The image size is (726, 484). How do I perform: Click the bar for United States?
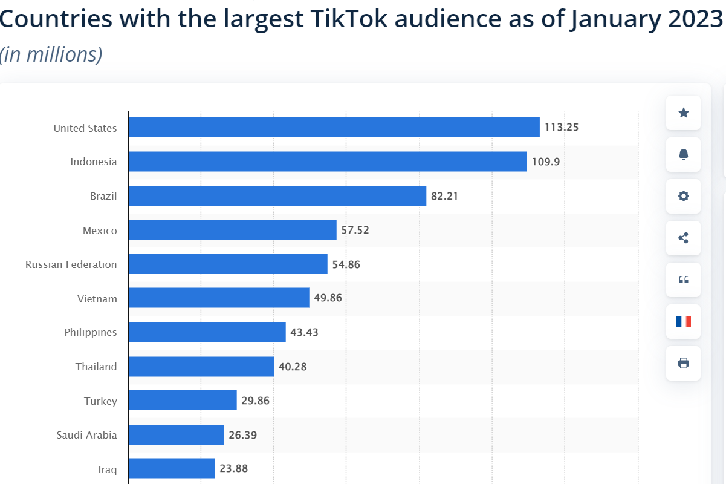(334, 127)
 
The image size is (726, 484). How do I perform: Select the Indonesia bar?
(328, 162)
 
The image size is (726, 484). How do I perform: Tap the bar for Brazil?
(277, 196)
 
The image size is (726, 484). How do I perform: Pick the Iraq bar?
(172, 468)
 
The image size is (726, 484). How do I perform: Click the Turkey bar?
(183, 401)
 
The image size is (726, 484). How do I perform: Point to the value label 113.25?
(562, 127)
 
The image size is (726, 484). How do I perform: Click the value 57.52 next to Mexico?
(355, 231)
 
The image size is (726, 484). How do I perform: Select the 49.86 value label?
(328, 298)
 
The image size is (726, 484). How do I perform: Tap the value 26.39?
(242, 434)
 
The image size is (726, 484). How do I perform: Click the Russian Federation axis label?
(71, 264)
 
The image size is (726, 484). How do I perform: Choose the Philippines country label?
(91, 332)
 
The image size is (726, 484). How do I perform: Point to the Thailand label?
(96, 367)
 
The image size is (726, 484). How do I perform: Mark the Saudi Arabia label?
(86, 434)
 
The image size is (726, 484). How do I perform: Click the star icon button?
(684, 113)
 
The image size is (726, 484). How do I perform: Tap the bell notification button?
(684, 154)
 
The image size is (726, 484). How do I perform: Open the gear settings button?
(684, 196)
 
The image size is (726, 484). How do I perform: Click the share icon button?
(684, 238)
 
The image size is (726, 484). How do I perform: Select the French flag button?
(684, 321)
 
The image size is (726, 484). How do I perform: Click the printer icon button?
(684, 363)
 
